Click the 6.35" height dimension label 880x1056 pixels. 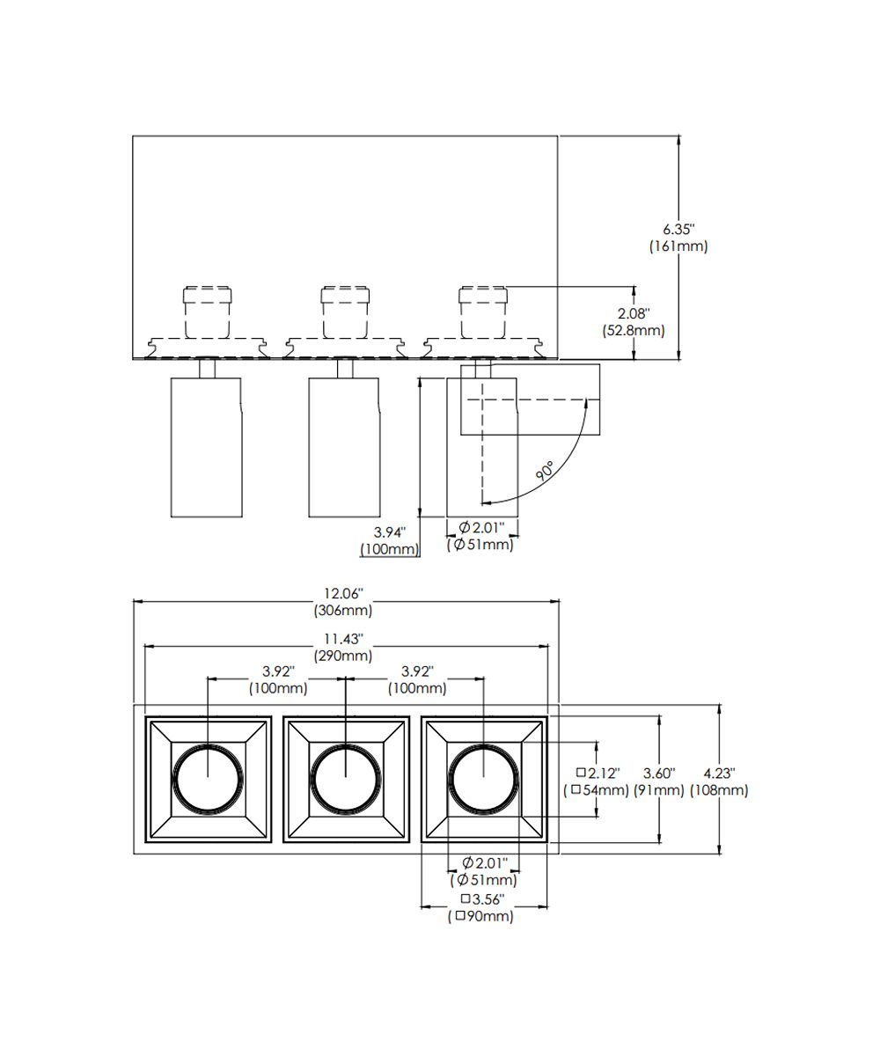point(678,229)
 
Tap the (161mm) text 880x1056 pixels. point(678,246)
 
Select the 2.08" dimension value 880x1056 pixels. point(633,313)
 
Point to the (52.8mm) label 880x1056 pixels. point(633,331)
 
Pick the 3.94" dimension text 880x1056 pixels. point(388,532)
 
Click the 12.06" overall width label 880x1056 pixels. point(343,593)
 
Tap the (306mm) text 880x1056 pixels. point(343,610)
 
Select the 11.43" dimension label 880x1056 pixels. point(343,638)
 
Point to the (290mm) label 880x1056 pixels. point(343,656)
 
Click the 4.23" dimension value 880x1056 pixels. point(720,773)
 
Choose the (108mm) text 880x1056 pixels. point(720,790)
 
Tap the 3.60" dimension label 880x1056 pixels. point(659,773)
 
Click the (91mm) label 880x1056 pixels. point(659,790)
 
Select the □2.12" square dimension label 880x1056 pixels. point(598,773)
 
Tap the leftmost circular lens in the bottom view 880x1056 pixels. point(208,775)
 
